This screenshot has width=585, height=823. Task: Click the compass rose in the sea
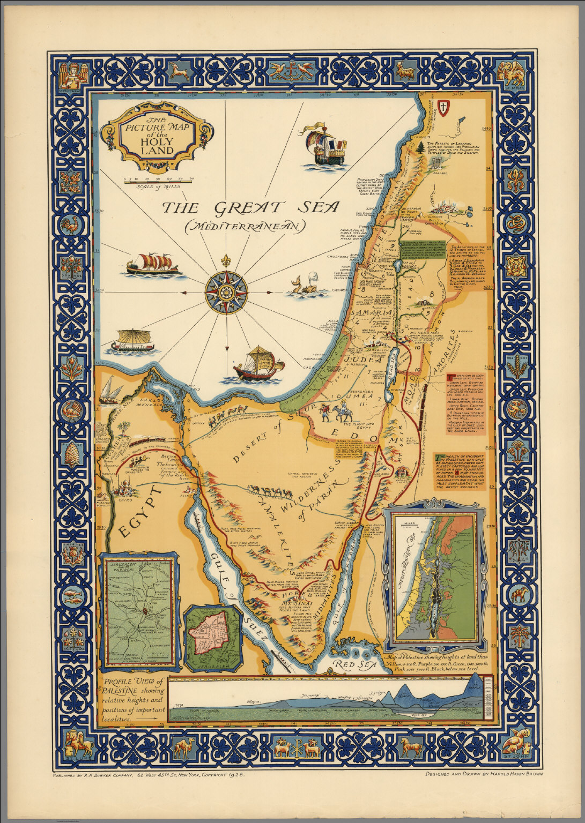226,292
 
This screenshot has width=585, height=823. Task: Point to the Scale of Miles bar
158,182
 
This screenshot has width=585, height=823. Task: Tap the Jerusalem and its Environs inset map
138,610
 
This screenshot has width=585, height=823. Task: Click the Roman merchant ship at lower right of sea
258,364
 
